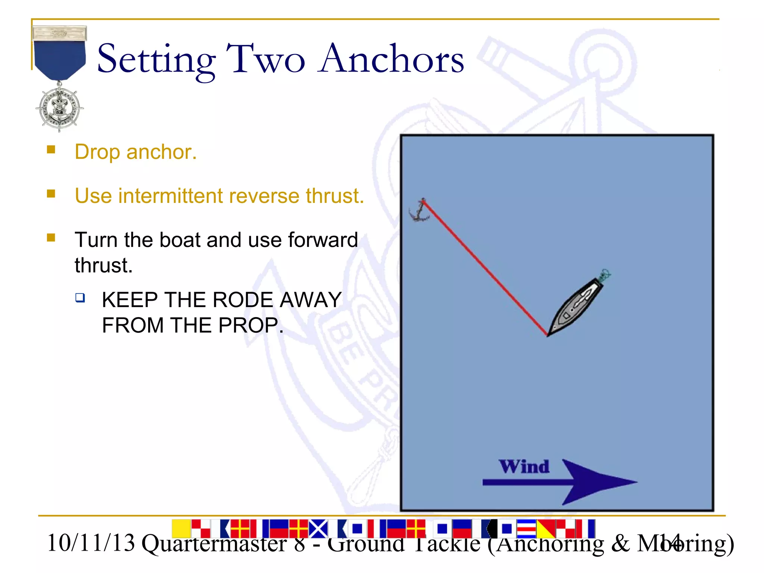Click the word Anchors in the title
point(392,59)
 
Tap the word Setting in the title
point(156,60)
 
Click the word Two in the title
point(266,59)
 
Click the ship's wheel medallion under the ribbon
point(59,109)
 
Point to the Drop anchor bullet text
point(135,152)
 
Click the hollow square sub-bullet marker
point(80,298)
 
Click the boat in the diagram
point(576,306)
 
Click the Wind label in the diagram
point(524,467)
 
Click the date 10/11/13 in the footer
point(91,543)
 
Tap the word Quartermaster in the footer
point(214,544)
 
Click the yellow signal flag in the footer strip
point(181,528)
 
